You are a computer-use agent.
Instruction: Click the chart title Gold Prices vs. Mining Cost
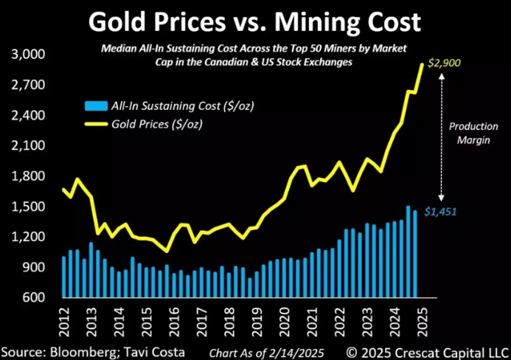click(254, 22)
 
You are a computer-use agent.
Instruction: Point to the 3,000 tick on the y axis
click(28, 55)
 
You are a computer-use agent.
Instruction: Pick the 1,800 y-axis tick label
click(28, 176)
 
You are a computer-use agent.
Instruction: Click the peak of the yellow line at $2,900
click(423, 64)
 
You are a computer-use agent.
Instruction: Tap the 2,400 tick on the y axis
click(28, 116)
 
